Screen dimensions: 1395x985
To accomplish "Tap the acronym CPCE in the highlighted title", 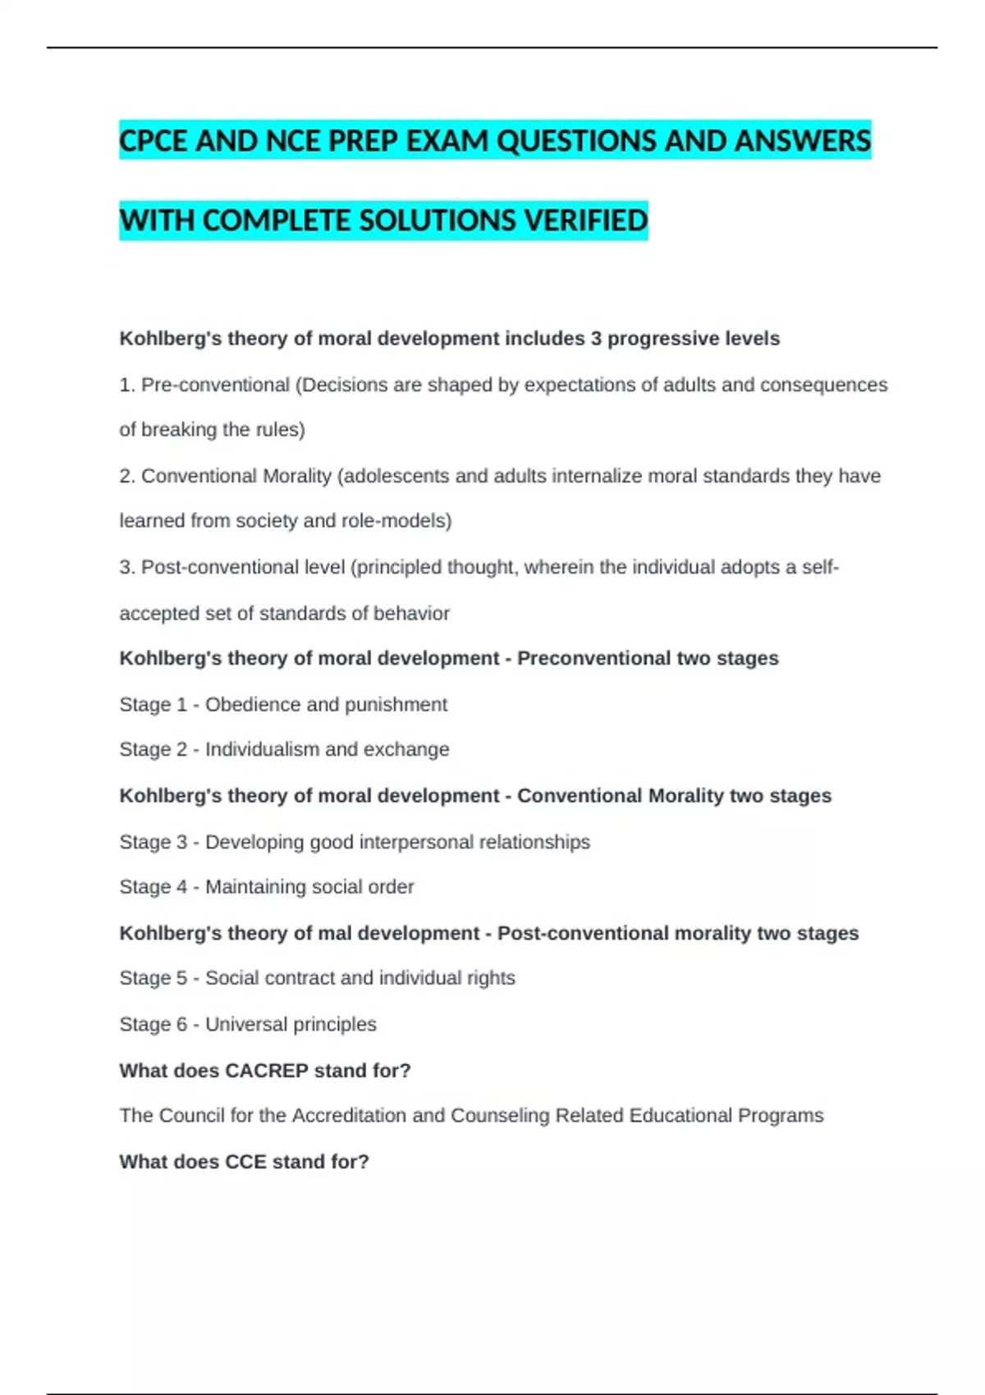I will coord(153,141).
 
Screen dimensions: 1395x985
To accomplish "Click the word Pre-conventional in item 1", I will coord(215,385).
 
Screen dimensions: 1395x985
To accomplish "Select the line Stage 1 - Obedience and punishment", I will coord(283,705).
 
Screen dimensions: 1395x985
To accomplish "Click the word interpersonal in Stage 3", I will coord(416,842).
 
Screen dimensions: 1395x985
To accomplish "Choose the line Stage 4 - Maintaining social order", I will coord(266,887).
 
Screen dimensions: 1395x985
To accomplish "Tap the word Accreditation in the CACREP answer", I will coord(349,1116).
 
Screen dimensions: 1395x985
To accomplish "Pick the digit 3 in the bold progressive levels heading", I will coord(596,339).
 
